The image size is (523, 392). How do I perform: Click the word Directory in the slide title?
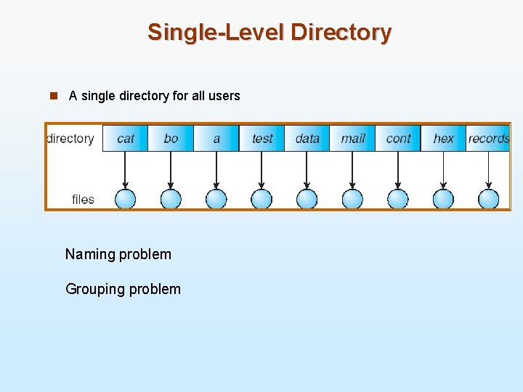coord(341,32)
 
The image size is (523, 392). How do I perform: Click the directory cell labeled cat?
coord(125,138)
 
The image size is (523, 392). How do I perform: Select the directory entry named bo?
coord(171,138)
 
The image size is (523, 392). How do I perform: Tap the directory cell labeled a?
coord(216,138)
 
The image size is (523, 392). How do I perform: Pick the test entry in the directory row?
coord(262,138)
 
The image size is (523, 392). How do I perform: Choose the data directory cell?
coord(307,138)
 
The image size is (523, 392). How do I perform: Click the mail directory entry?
coord(353,138)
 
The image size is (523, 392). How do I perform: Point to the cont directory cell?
coord(398,138)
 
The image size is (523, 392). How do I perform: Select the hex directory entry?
coord(443,138)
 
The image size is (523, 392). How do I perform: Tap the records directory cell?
coord(488,138)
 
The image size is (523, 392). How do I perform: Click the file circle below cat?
coord(125,199)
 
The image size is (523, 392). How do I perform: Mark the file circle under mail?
coord(352,199)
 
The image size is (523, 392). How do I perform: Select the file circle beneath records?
coord(489,199)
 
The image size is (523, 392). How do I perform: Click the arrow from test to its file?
coord(261,171)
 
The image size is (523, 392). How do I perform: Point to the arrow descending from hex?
coord(443,171)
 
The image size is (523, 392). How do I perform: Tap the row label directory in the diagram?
coord(70,138)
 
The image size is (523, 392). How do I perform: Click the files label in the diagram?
coord(83,199)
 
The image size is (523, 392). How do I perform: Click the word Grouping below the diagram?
coord(94,289)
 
